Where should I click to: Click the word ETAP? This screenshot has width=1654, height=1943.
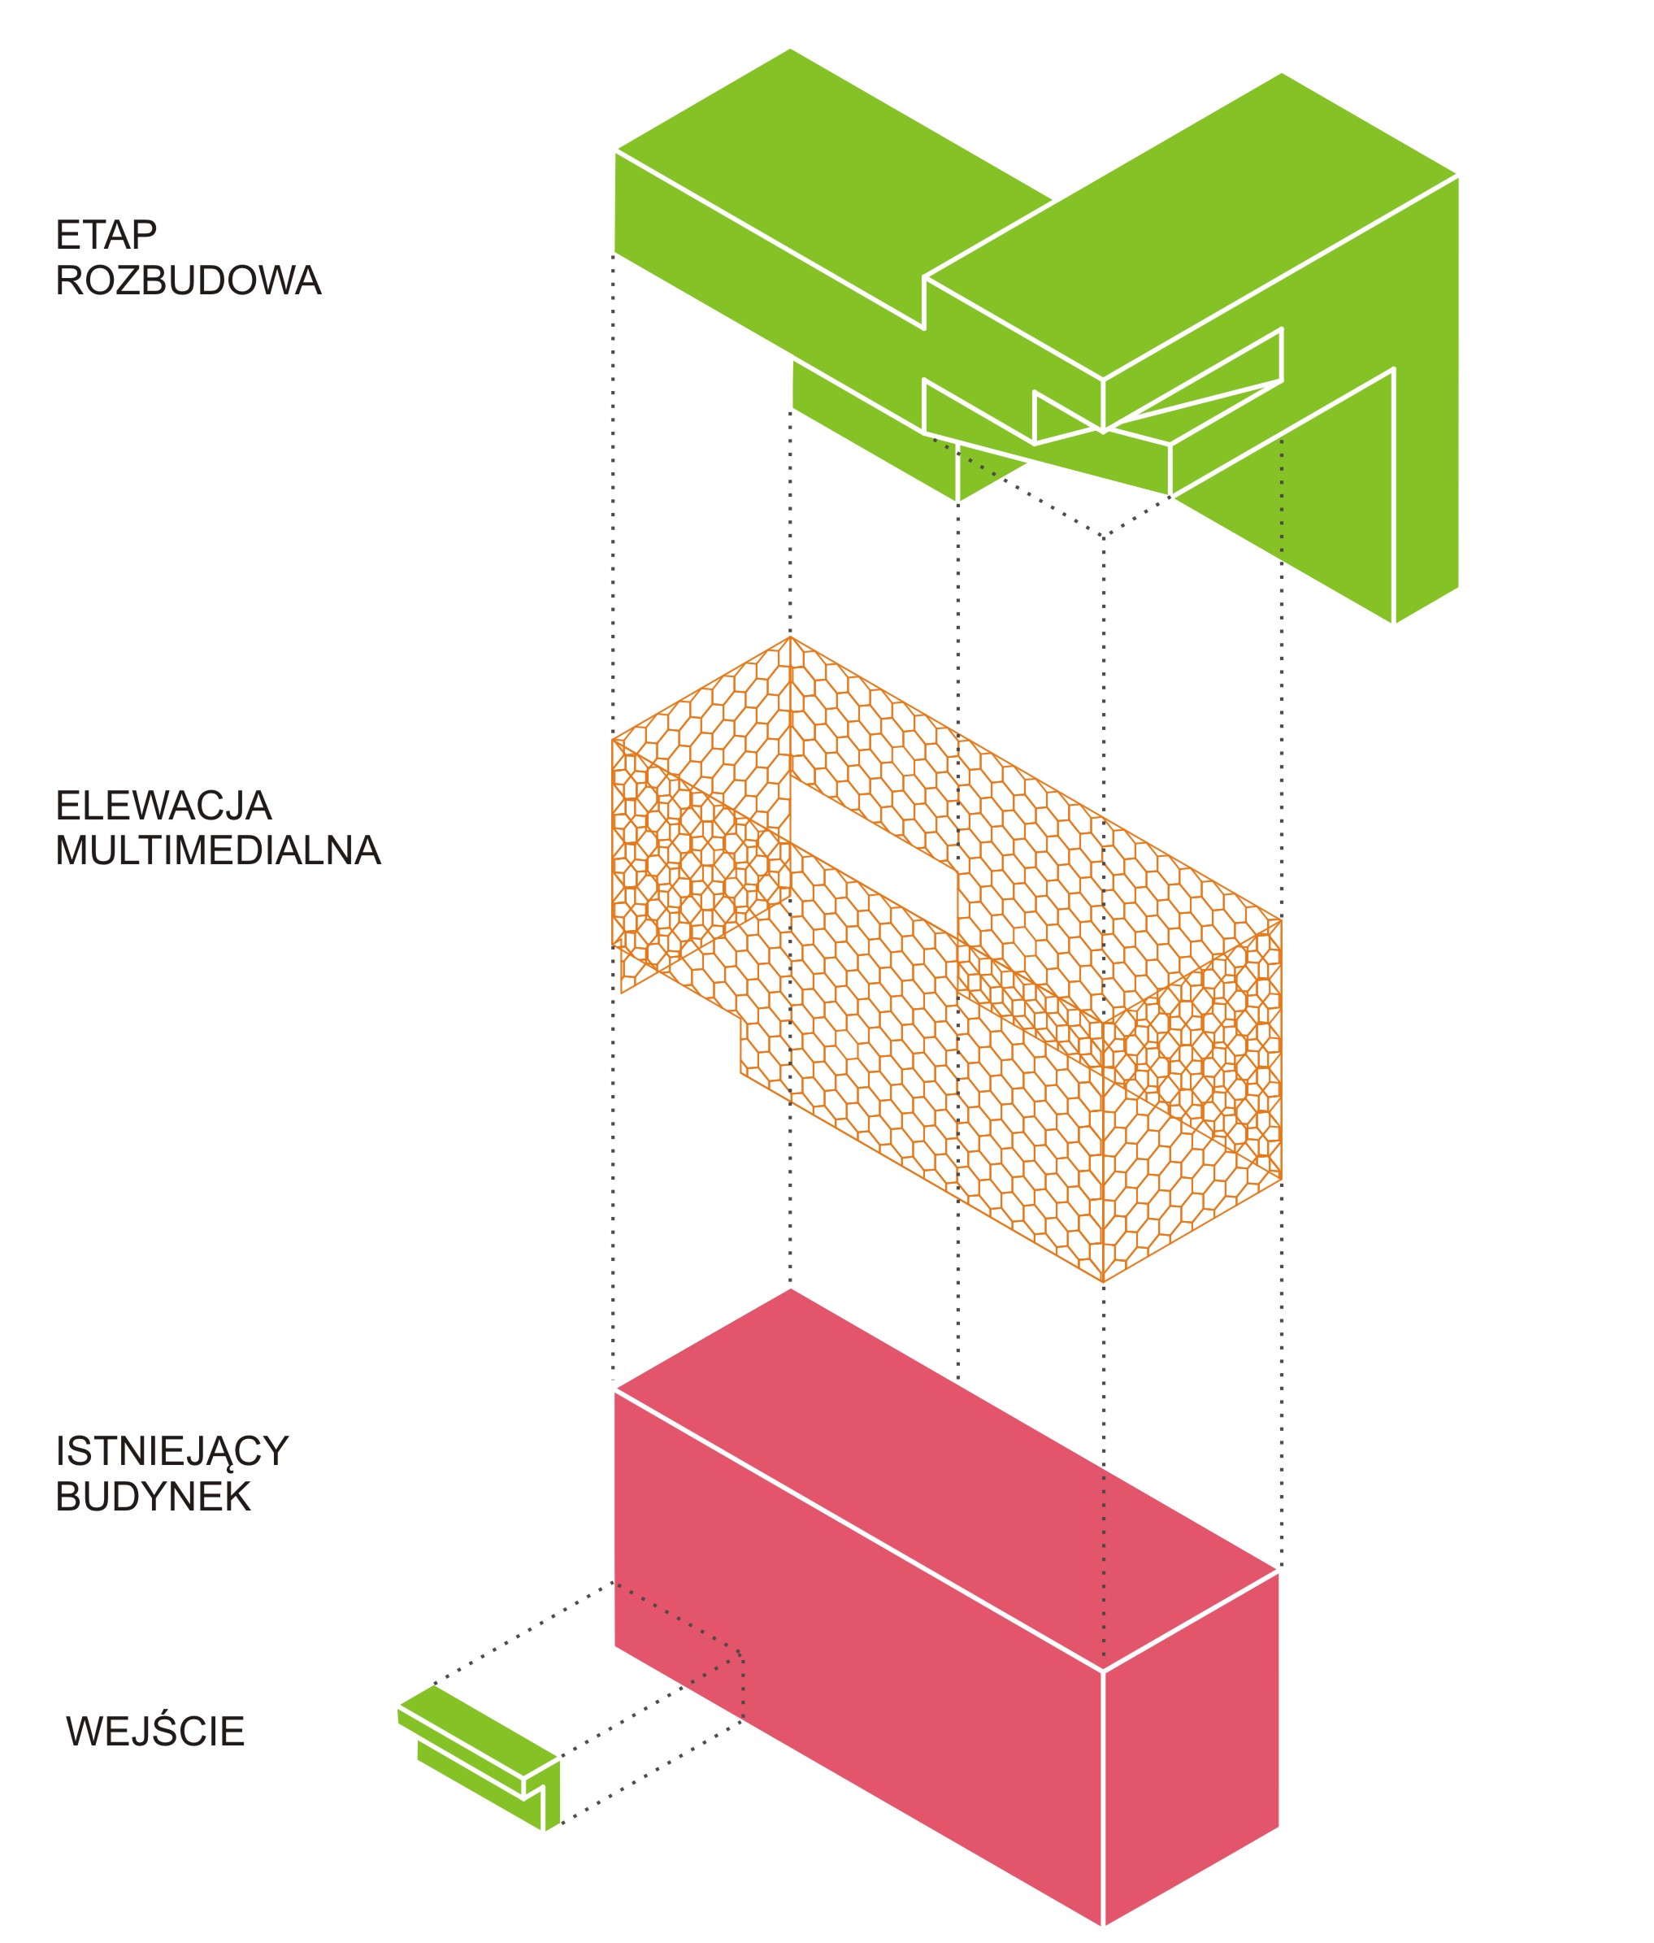coord(106,236)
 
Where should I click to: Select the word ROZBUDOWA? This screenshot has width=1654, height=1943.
coord(189,280)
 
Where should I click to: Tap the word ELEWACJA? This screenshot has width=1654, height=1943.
coord(163,806)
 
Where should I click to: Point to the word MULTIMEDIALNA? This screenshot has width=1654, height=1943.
coord(218,850)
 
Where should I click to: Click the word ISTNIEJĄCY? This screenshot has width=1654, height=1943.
coord(171,1452)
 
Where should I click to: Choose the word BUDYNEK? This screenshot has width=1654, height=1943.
coord(153,1497)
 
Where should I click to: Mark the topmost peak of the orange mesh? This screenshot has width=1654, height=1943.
coord(791,639)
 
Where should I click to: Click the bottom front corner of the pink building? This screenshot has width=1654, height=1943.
coord(1103,1924)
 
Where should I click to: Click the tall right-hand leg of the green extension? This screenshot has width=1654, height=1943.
coord(1426,469)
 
